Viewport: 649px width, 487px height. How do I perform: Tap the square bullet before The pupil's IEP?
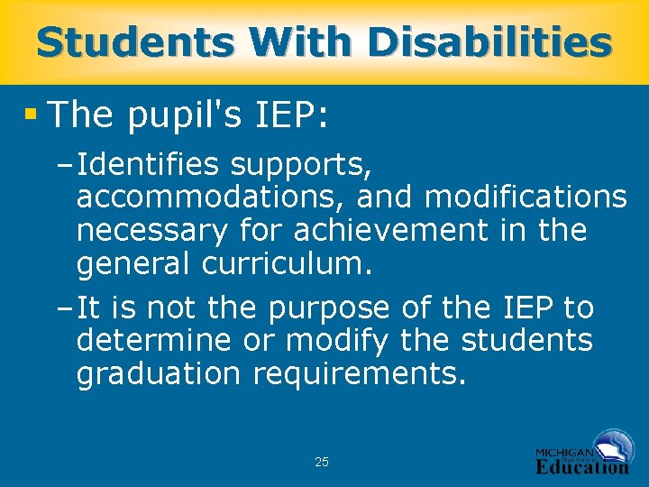click(32, 114)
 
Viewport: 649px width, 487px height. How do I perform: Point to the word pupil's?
click(183, 115)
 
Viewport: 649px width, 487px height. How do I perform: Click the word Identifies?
click(149, 165)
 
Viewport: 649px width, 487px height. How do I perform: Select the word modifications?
click(525, 198)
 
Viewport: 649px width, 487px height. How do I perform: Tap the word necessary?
click(151, 231)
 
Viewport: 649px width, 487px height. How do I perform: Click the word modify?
click(333, 342)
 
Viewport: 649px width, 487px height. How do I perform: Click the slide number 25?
click(322, 463)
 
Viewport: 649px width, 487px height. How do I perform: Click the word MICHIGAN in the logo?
click(564, 452)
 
